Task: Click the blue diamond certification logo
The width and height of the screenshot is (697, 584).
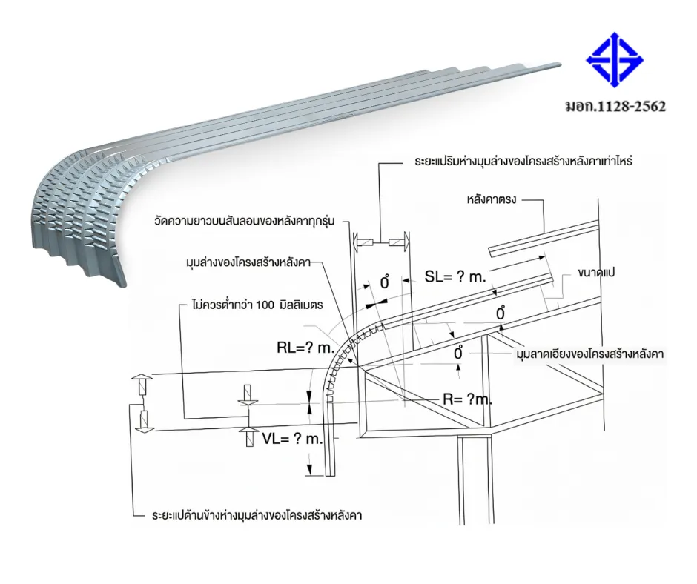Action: pos(615,59)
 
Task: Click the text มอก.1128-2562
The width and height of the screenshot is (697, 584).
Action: pos(615,107)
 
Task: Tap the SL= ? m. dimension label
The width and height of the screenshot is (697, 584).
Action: pos(455,277)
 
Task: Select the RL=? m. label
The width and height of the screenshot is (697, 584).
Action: pos(305,348)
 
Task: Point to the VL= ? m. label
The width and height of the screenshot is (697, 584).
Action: pos(291,439)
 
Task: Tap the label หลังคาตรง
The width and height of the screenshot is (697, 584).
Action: pos(491,199)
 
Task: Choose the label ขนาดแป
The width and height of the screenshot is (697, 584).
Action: pos(596,273)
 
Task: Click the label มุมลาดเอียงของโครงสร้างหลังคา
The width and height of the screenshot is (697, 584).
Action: pos(590,354)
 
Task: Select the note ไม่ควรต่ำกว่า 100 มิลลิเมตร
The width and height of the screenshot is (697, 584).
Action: pos(257,305)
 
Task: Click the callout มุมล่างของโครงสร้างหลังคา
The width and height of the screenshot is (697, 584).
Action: pos(248,262)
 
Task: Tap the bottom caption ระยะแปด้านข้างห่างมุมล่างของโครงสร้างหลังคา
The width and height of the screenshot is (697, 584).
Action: pos(257,516)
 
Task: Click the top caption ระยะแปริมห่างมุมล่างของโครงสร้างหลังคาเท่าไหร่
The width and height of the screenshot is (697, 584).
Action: pos(523,161)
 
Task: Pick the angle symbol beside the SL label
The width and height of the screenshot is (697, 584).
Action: pos(385,282)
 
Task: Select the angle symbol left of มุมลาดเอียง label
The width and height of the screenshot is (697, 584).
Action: pos(458,353)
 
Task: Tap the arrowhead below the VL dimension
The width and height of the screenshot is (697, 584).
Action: pos(309,470)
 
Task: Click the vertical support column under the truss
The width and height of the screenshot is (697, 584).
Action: pos(475,480)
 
